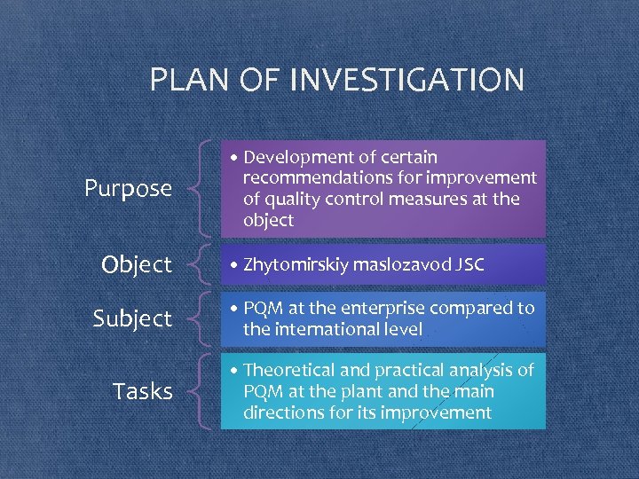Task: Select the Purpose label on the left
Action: (x=128, y=188)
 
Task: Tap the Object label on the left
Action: (x=137, y=264)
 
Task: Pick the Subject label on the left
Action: (x=133, y=318)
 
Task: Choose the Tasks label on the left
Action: (x=143, y=391)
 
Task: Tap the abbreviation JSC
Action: (x=470, y=264)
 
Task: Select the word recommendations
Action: (x=312, y=178)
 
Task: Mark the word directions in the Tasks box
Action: (x=281, y=412)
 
